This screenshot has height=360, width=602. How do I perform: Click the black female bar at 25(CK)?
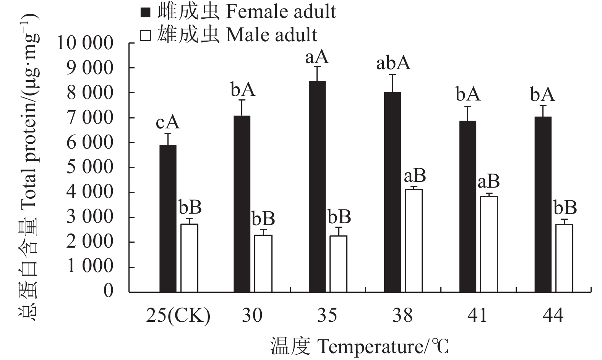click(x=168, y=218)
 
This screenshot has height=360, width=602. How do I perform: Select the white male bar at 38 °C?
click(x=414, y=240)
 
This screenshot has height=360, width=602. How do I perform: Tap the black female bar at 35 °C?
click(x=317, y=186)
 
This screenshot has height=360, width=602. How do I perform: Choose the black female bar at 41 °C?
click(x=468, y=206)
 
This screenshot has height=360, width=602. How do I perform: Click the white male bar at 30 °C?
click(x=263, y=263)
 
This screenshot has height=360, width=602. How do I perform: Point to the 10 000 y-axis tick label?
click(x=85, y=43)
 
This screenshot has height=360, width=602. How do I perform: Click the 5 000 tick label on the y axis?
click(x=90, y=167)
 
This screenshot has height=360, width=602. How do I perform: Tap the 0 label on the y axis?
click(x=109, y=291)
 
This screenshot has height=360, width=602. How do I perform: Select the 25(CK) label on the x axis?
click(x=178, y=316)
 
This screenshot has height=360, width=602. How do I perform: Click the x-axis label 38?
click(x=402, y=316)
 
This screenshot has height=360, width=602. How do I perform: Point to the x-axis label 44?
click(x=553, y=316)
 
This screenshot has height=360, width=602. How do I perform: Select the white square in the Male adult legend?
click(x=146, y=35)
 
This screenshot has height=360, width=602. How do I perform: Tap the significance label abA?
click(x=393, y=63)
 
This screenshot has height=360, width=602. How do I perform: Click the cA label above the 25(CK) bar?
click(x=167, y=123)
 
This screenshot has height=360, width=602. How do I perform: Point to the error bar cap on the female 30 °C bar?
click(x=242, y=100)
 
